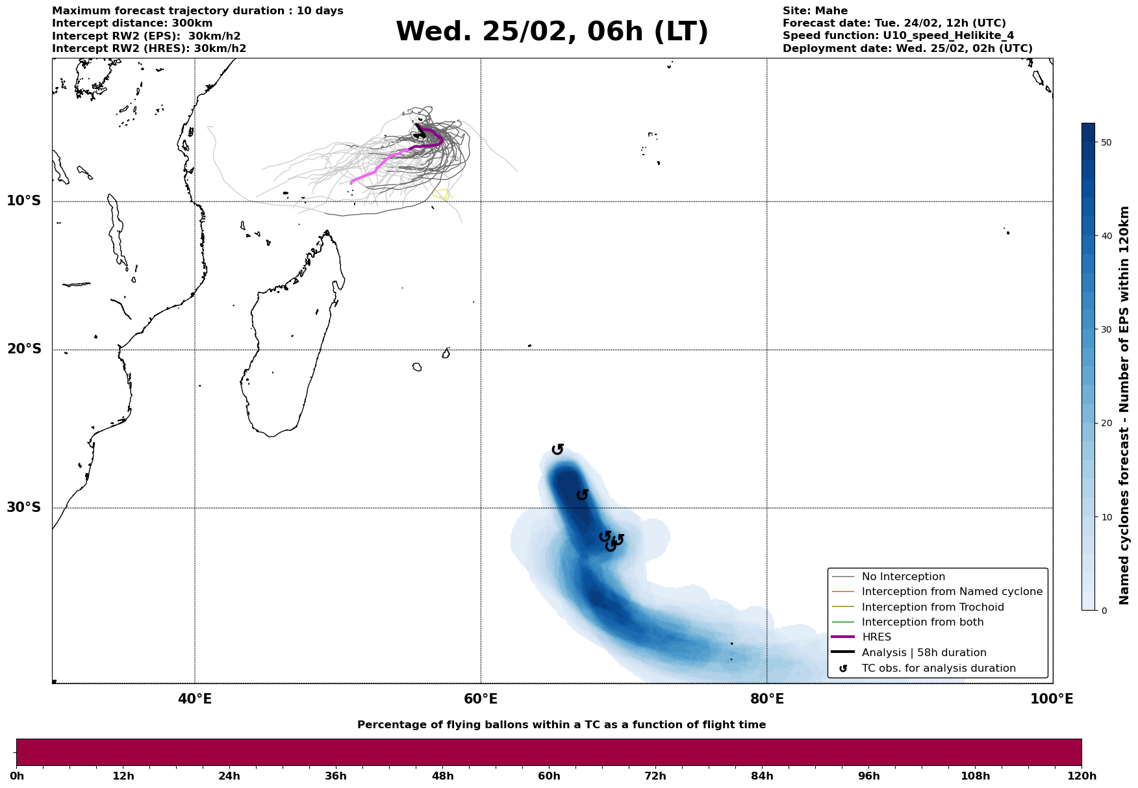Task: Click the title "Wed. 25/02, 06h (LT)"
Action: [x=551, y=32]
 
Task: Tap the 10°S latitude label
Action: [x=24, y=201]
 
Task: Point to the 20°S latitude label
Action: [x=24, y=350]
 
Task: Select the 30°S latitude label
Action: [x=24, y=507]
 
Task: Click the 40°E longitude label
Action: [x=195, y=699]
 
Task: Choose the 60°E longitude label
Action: [x=481, y=699]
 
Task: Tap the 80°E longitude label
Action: [x=767, y=699]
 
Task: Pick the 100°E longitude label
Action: [x=1052, y=699]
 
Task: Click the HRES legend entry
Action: [x=876, y=637]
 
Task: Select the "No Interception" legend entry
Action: [x=903, y=577]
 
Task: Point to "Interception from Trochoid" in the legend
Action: [x=932, y=607]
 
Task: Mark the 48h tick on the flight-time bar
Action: [x=443, y=776]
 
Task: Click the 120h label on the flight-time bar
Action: [x=1081, y=776]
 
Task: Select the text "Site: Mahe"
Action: [x=815, y=11]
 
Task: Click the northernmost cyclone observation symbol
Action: [x=557, y=449]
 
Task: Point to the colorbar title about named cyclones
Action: [x=1125, y=405]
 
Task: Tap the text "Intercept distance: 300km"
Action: [x=132, y=23]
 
